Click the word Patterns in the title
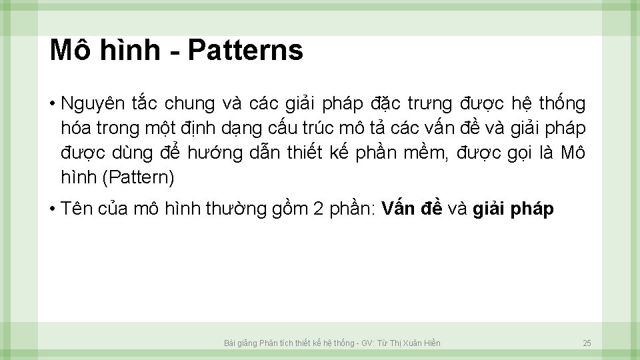tap(246, 50)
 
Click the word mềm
tap(427, 153)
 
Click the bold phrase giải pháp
tap(513, 209)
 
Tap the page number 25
tap(587, 343)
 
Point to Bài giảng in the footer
tap(239, 343)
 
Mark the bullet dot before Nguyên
tap(51, 105)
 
